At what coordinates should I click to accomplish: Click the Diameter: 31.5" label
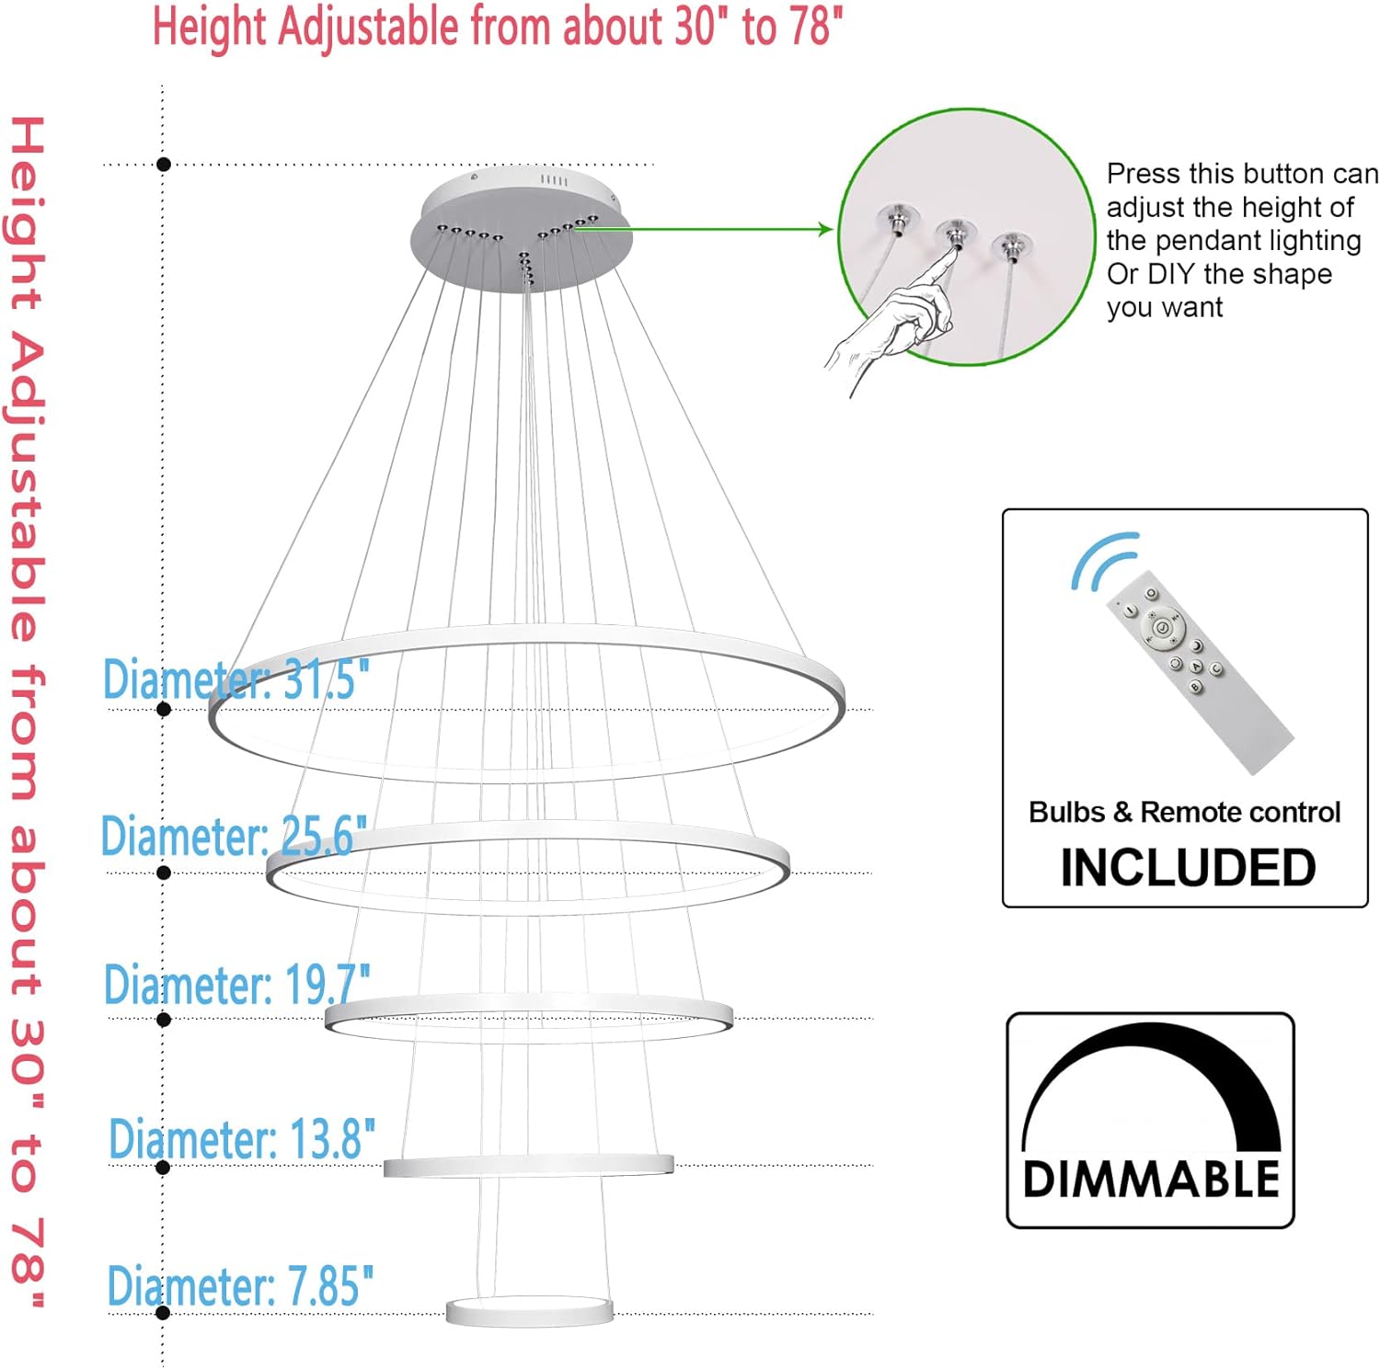click(x=236, y=679)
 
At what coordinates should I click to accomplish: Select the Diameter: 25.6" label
click(x=233, y=837)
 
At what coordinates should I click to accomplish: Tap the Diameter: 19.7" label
click(x=236, y=984)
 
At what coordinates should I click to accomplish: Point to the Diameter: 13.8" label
click(x=241, y=1139)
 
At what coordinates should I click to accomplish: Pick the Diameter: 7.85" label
click(x=239, y=1285)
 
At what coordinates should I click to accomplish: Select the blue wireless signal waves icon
click(x=1102, y=559)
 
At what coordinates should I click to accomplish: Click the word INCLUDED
click(x=1188, y=867)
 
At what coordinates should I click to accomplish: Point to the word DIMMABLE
click(x=1151, y=1179)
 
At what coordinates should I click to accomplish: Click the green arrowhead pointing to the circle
click(x=825, y=230)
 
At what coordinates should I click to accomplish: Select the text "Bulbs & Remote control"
click(x=1184, y=812)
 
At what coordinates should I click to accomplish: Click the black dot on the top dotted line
click(x=164, y=165)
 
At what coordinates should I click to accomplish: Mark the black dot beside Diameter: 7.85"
click(x=164, y=1312)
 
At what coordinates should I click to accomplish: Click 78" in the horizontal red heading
click(x=815, y=26)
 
